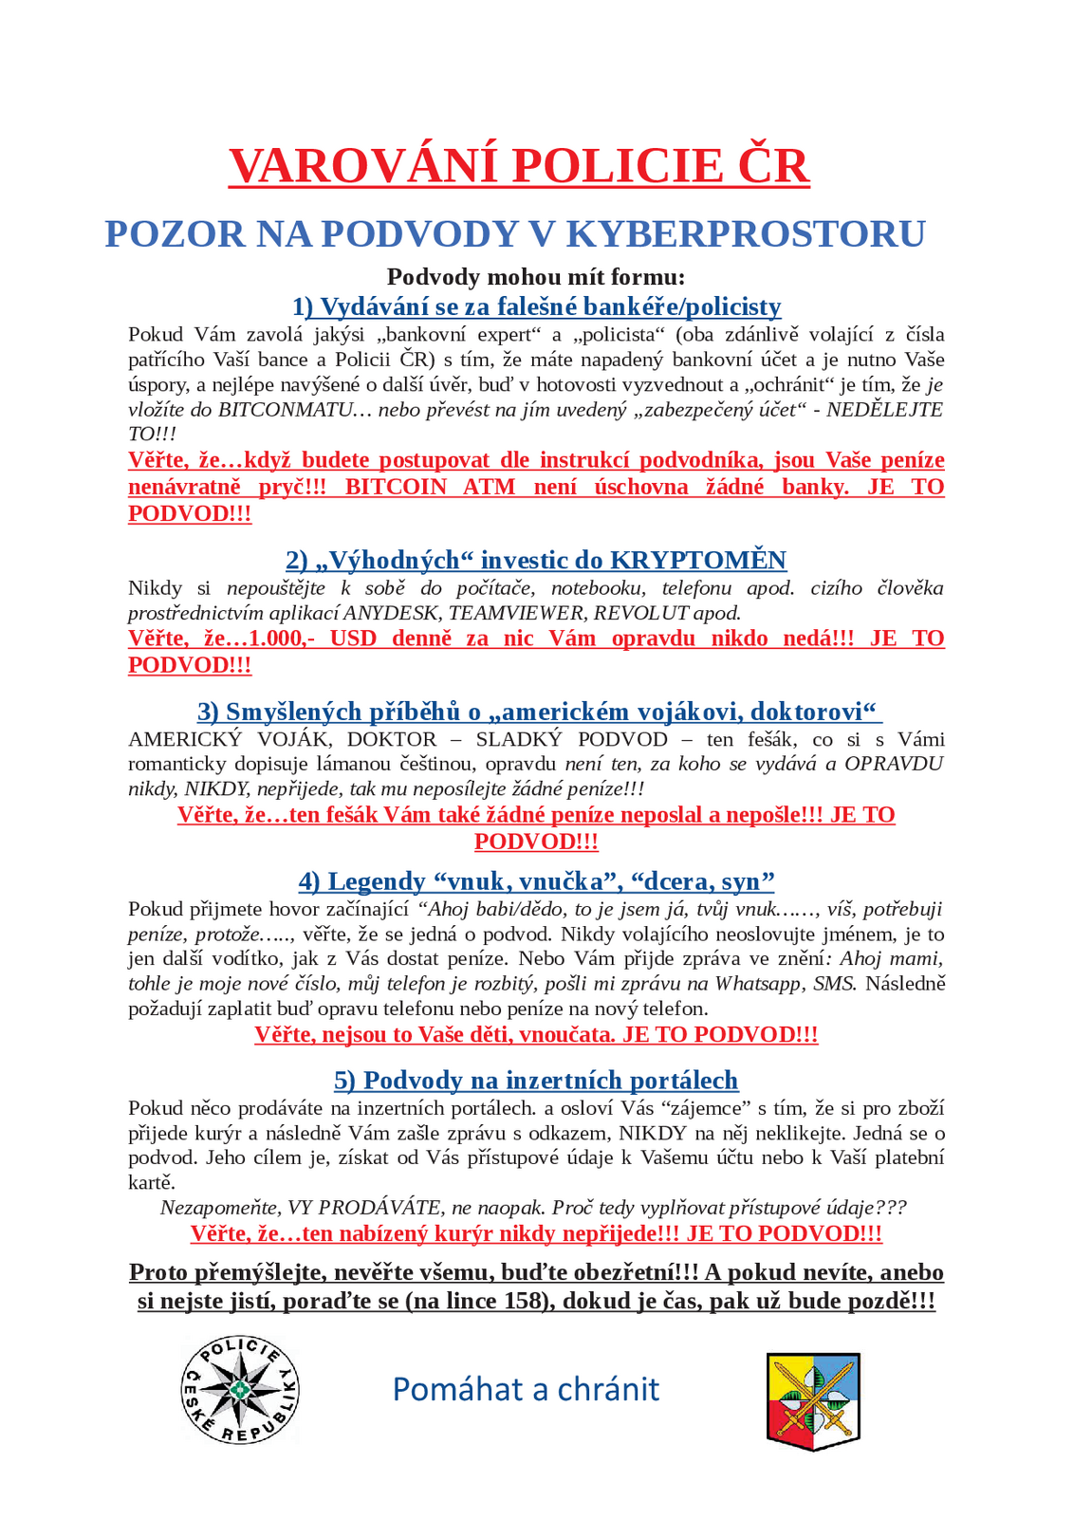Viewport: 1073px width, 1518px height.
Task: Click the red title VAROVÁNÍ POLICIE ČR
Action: pos(519,165)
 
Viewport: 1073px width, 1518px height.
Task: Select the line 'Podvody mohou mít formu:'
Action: pos(536,277)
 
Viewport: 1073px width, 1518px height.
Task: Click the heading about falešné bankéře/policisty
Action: pos(536,306)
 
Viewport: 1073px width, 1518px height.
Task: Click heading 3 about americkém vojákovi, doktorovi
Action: pos(539,712)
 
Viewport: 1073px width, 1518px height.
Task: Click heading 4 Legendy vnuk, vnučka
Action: pos(536,881)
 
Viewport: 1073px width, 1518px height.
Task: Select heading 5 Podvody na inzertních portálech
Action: pos(536,1081)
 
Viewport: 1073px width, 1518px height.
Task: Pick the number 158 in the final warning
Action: pos(527,1301)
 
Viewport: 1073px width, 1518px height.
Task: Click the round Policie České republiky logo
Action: pos(240,1390)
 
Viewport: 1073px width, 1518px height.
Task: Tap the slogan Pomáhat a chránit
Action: pos(526,1389)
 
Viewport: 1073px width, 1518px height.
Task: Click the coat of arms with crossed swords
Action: pos(812,1401)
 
